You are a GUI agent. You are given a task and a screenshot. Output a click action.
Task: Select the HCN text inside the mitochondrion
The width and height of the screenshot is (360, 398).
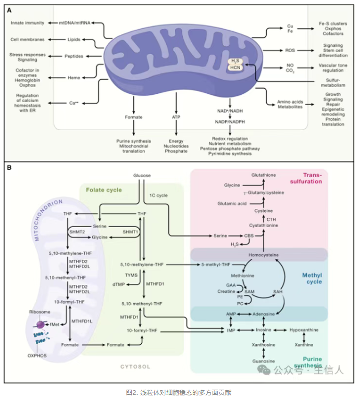coord(236,69)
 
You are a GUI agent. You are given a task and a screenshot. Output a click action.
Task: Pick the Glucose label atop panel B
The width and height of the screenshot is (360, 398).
coord(141,176)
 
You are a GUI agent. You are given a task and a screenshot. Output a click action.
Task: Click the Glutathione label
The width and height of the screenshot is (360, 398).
coord(264,175)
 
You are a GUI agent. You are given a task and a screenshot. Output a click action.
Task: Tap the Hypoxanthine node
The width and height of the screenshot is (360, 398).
coord(304,330)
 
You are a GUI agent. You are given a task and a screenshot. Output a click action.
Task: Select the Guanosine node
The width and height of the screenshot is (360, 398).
coord(264,361)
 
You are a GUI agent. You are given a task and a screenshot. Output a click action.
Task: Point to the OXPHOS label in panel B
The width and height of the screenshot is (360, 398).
coord(37,355)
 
